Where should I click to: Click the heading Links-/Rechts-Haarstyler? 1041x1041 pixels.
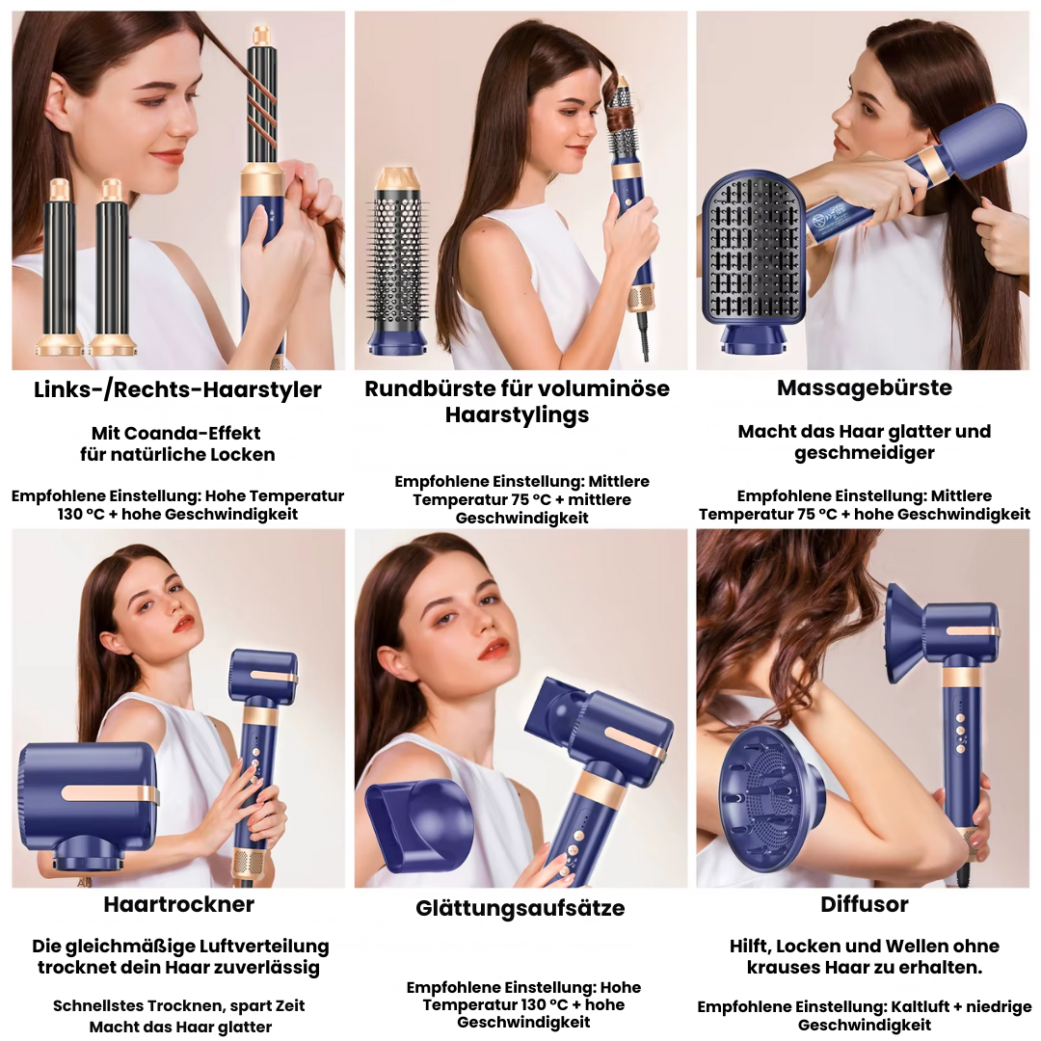click(177, 389)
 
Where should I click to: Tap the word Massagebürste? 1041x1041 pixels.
click(864, 387)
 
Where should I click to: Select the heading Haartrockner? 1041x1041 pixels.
click(178, 904)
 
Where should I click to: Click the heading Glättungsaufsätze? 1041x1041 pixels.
click(520, 908)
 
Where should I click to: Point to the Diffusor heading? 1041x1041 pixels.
click(864, 904)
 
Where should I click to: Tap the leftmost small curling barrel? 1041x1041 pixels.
click(60, 265)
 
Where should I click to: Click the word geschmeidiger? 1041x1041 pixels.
click(864, 453)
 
